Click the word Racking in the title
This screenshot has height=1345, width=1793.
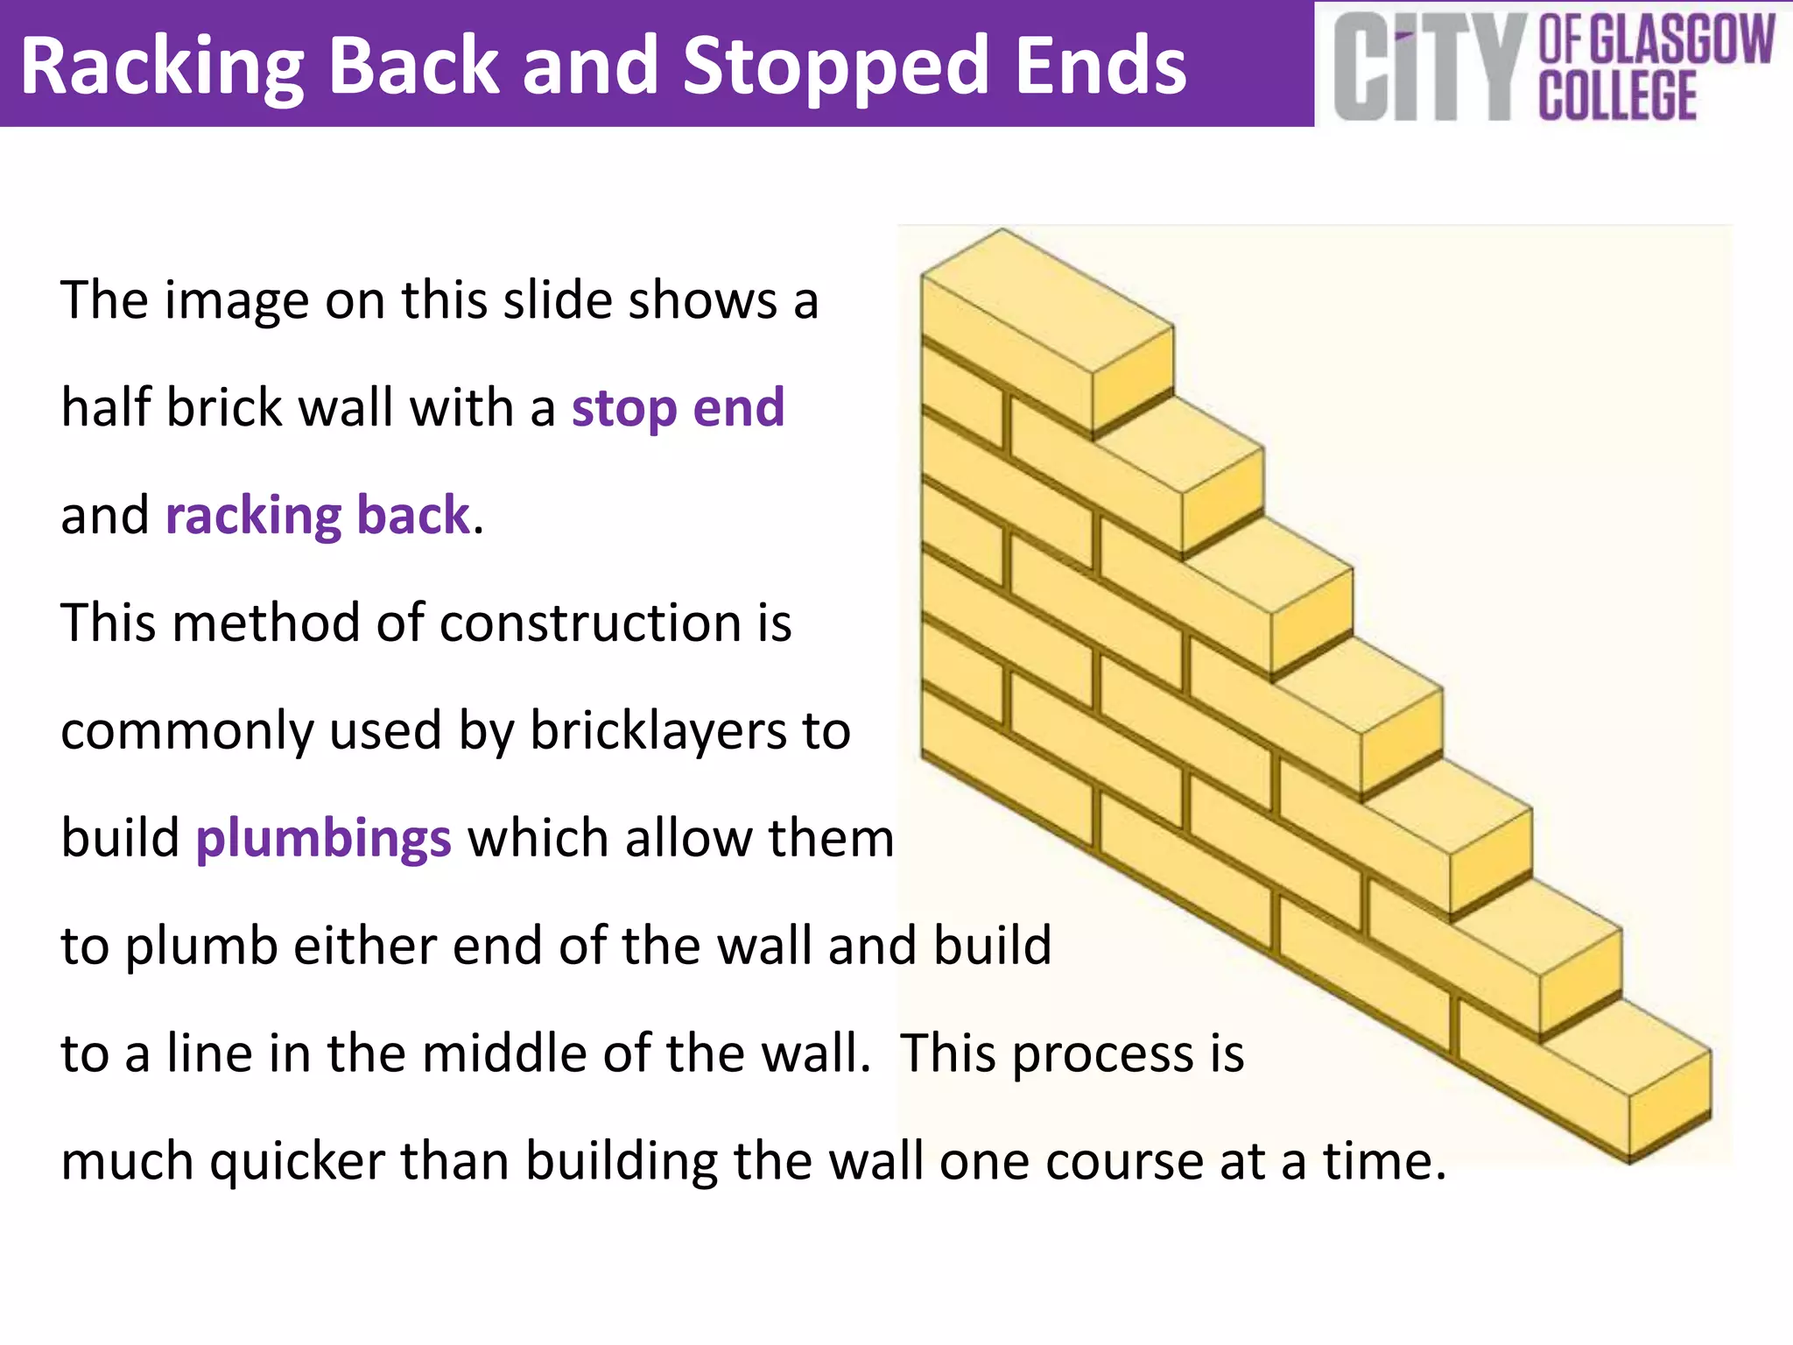point(161,67)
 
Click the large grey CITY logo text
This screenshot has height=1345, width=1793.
point(1427,68)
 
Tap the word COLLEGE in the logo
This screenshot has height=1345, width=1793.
point(1618,96)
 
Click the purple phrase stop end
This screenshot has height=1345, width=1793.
point(678,408)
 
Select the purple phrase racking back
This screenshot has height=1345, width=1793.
point(318,515)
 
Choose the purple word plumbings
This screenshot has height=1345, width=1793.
point(323,838)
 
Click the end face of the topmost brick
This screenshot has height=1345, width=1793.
point(1132,378)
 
